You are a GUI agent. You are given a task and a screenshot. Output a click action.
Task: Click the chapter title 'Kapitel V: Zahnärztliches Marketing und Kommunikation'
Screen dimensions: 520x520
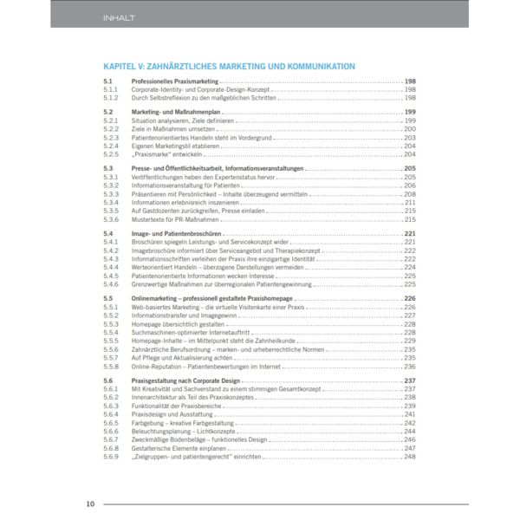click(x=229, y=66)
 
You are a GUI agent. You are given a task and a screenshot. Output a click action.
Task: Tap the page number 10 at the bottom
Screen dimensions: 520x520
click(x=90, y=504)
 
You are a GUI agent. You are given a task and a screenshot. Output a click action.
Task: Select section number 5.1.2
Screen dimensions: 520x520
click(x=110, y=97)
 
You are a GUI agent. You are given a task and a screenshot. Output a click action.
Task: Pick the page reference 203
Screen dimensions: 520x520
click(x=410, y=137)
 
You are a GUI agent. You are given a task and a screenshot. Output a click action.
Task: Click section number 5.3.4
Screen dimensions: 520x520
click(x=110, y=202)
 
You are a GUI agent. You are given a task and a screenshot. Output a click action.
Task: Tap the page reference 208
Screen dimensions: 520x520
click(x=410, y=193)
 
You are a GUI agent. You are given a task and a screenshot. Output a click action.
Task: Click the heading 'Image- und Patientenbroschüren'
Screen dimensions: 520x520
click(x=179, y=234)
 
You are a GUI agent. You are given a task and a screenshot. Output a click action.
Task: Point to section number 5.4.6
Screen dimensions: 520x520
click(x=110, y=283)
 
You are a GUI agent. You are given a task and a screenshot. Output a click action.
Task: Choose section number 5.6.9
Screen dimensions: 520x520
click(x=110, y=456)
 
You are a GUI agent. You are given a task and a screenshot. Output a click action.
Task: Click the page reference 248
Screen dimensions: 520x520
click(x=410, y=456)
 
